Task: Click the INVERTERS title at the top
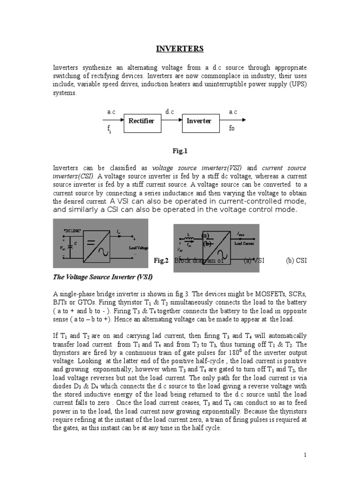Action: [180, 49]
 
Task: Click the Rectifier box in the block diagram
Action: [141, 121]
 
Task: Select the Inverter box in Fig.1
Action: [199, 121]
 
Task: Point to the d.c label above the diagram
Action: [170, 112]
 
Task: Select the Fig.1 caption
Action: [180, 150]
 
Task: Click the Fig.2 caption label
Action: [161, 261]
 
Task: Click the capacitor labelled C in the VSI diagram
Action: [71, 244]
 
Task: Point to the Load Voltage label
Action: [138, 247]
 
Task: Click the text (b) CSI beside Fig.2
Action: [296, 261]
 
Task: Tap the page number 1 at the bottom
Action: [305, 455]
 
